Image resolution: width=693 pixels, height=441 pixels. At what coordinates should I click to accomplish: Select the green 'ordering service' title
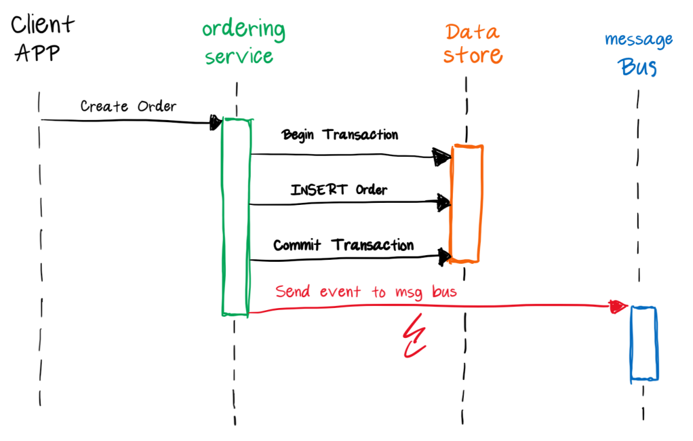[242, 42]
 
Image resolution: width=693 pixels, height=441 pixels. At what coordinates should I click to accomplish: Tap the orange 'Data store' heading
[473, 43]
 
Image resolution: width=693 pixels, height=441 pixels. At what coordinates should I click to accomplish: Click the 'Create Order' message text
[128, 106]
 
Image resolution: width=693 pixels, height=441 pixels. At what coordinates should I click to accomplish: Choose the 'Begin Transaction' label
[340, 134]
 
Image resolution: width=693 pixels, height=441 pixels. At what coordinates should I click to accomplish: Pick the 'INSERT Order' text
[339, 189]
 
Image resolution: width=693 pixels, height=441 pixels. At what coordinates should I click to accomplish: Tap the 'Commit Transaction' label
[343, 245]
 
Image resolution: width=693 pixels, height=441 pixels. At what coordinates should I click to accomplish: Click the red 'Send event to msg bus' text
[366, 292]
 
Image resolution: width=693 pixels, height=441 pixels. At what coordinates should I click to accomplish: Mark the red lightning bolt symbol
[413, 337]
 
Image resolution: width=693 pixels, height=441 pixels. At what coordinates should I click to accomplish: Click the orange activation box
[467, 204]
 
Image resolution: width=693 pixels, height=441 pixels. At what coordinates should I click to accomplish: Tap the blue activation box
[643, 343]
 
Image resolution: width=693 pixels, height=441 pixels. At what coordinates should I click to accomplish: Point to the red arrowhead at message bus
[618, 307]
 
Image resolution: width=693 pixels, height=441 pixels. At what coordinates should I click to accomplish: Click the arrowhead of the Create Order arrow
[216, 122]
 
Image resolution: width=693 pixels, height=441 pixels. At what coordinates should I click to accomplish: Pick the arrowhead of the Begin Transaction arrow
[442, 157]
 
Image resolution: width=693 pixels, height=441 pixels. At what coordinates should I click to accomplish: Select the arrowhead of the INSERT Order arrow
[443, 202]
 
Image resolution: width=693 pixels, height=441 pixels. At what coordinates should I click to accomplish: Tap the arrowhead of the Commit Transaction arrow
[444, 256]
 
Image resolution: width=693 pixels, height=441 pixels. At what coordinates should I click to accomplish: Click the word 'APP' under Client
[37, 54]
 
